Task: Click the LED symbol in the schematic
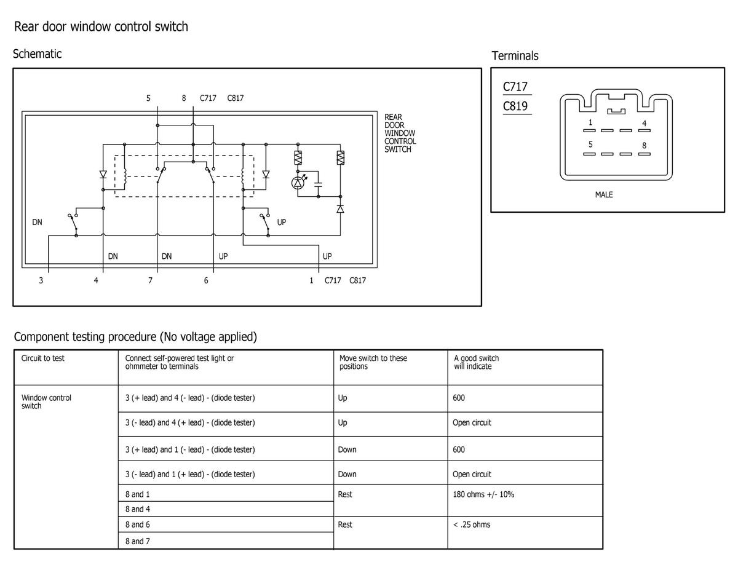tap(298, 183)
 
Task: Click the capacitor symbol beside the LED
tap(318, 184)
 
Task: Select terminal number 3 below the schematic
tap(41, 280)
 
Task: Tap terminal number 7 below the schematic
tap(151, 280)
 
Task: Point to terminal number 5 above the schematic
tap(148, 98)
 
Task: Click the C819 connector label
tap(515, 106)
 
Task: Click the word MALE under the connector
tap(604, 195)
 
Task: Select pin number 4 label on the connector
tap(645, 123)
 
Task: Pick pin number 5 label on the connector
tap(590, 144)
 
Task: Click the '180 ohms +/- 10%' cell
tap(483, 494)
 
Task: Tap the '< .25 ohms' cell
tap(472, 524)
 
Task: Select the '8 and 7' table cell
tap(138, 541)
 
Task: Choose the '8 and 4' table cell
tap(138, 509)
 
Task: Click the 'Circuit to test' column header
tap(43, 358)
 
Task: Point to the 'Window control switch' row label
tap(46, 402)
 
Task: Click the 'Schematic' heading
tap(38, 53)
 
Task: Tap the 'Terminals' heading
tap(515, 56)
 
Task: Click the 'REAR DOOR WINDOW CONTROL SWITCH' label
tap(400, 133)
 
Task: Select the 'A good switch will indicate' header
tap(476, 362)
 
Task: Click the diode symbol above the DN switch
tap(103, 175)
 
